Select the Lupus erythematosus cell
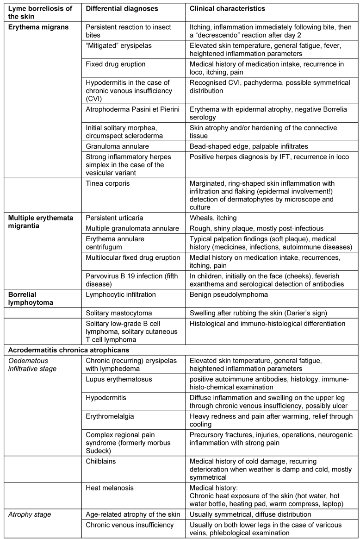(112, 379)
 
